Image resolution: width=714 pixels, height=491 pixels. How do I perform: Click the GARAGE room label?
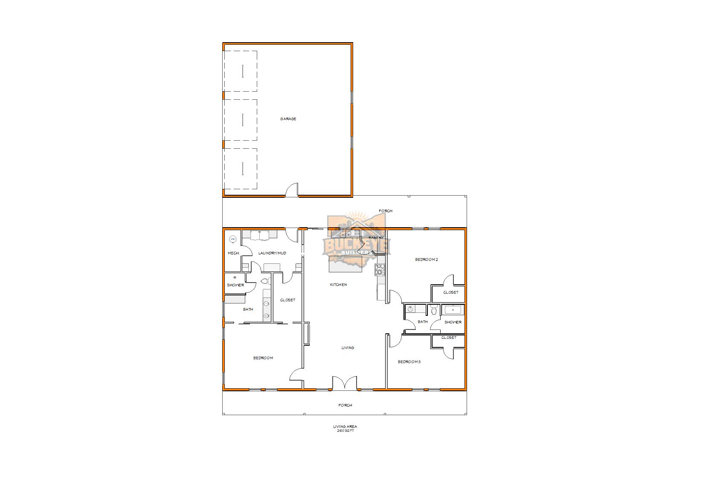(288, 119)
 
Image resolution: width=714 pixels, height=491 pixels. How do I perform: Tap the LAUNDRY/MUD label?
(272, 253)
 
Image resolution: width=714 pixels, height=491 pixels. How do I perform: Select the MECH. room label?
(233, 253)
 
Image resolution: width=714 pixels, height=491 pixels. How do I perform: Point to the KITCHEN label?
(338, 285)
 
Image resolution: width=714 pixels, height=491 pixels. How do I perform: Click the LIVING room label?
(348, 348)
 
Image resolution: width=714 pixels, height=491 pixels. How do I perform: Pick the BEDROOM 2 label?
(427, 260)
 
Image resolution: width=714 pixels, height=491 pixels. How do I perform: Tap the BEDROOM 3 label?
(409, 362)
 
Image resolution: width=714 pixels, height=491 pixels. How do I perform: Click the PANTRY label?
(376, 238)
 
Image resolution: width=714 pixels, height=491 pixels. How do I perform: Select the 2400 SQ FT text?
(345, 431)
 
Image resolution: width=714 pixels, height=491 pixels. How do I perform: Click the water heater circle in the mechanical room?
(233, 240)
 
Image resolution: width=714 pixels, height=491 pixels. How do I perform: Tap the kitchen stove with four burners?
(380, 269)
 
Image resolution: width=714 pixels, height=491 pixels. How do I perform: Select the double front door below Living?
(344, 383)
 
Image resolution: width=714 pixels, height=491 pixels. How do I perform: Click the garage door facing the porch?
(292, 191)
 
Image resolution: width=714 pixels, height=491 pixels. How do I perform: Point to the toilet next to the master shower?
(264, 281)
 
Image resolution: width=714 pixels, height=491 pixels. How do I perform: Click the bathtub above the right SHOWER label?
(452, 309)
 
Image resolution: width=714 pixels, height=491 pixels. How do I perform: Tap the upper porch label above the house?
(386, 211)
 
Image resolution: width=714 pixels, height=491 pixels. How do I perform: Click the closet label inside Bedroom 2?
(451, 292)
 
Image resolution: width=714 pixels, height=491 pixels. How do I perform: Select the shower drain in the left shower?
(235, 277)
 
